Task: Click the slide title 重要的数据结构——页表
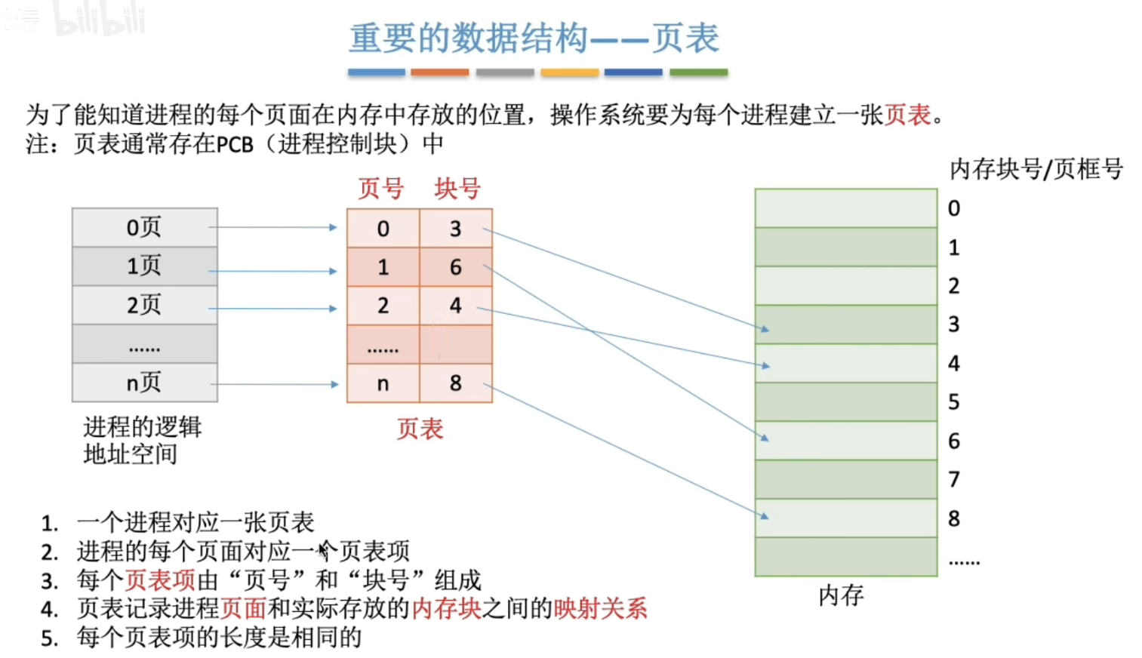[534, 38]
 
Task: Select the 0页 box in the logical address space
[144, 227]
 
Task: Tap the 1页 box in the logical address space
[144, 266]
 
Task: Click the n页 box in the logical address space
[144, 383]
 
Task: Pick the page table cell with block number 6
[455, 267]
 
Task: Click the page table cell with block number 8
[455, 383]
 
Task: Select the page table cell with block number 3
[455, 229]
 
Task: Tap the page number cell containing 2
[383, 306]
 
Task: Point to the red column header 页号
[381, 189]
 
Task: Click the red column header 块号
[457, 189]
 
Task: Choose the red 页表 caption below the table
[420, 429]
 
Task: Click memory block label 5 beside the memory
[954, 402]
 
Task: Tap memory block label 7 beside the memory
[954, 479]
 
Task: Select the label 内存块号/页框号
[1036, 169]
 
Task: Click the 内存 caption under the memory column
[842, 596]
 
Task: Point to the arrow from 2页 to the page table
[272, 309]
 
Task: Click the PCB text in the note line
[235, 144]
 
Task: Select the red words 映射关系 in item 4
[601, 608]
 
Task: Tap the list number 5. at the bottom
[50, 638]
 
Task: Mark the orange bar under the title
[440, 72]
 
